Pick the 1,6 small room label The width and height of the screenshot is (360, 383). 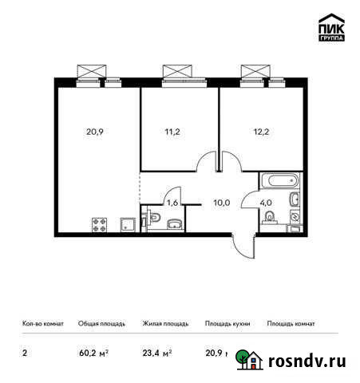[x=172, y=202]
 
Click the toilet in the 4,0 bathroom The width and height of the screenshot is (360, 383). [x=268, y=218]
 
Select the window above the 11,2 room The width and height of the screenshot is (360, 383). [x=179, y=72]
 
